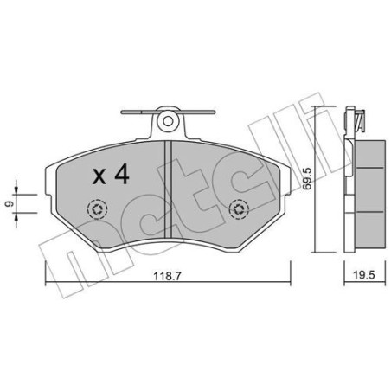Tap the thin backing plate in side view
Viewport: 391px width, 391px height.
pyautogui.click(x=349, y=186)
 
